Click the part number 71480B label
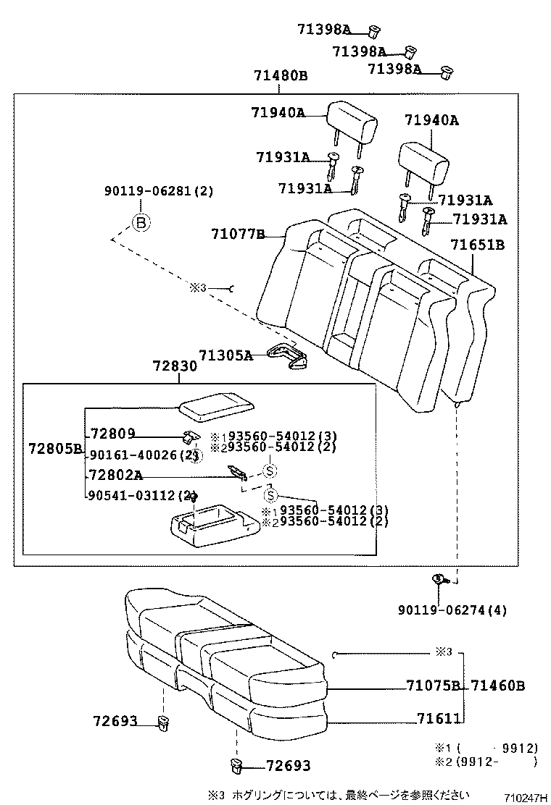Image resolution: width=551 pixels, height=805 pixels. [x=281, y=76]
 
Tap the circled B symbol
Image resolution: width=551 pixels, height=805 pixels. [x=141, y=222]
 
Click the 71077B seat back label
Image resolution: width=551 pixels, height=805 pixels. [x=237, y=234]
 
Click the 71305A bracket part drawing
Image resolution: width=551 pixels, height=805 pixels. [x=288, y=358]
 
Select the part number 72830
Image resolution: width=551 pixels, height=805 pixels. [x=175, y=366]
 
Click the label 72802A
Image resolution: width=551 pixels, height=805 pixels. [x=116, y=475]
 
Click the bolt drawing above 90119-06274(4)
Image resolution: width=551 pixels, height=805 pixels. [x=440, y=578]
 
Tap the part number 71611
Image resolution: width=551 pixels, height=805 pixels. [x=439, y=718]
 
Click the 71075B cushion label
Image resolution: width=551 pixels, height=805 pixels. [x=433, y=686]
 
